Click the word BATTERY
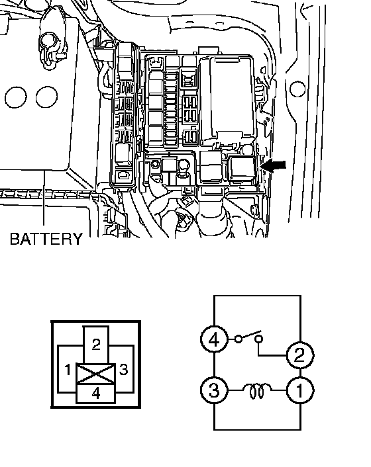(46, 239)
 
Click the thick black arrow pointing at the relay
(273, 166)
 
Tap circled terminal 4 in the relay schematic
(214, 339)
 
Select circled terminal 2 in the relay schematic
(300, 355)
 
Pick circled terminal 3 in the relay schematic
(214, 390)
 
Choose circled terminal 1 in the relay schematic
(300, 390)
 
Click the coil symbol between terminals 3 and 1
(257, 391)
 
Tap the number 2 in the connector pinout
(96, 344)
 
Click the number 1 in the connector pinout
(68, 370)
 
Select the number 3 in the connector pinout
(123, 369)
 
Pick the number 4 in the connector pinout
(96, 394)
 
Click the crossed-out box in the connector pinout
(96, 374)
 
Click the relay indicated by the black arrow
(242, 169)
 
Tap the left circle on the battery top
(15, 97)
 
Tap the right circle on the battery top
(46, 97)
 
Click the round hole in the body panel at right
(297, 89)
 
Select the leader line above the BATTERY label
(44, 198)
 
